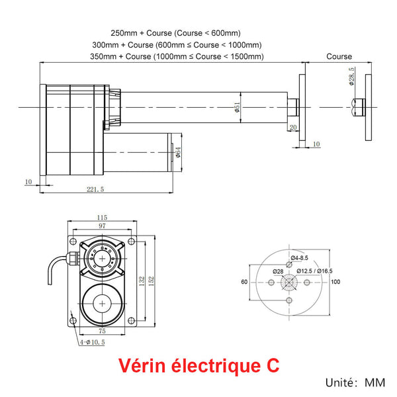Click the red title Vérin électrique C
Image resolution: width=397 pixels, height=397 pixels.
coord(198,365)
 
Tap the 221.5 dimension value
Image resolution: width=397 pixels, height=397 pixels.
coord(95,189)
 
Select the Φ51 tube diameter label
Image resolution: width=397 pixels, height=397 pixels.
coord(236,108)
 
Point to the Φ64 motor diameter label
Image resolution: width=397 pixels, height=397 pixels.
coord(178,154)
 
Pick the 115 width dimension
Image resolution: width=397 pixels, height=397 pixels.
coord(102,218)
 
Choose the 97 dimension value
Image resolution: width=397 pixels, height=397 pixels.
coord(102,226)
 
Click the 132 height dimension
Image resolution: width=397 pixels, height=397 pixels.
coord(142,281)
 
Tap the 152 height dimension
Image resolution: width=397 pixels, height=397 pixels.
coord(151,281)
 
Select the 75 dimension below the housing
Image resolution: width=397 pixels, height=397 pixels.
coord(102,331)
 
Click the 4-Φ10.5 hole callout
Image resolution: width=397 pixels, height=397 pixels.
coord(93,342)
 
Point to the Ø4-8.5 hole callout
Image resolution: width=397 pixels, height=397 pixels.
coord(300,257)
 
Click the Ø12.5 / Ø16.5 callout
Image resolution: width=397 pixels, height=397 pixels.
coord(314,271)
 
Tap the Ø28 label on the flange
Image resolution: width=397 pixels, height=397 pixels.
coord(278,271)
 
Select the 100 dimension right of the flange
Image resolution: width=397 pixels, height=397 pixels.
coord(335,282)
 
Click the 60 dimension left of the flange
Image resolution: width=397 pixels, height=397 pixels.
coord(244,282)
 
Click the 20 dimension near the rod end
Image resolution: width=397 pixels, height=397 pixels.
coord(293,128)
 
